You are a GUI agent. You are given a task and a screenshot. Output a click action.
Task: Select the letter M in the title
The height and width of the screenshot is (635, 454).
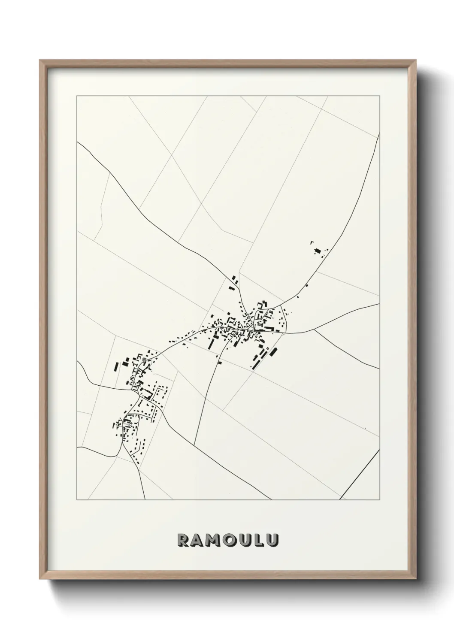pos(213,541)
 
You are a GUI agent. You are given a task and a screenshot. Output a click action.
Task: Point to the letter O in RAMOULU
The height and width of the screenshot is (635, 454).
pos(230,541)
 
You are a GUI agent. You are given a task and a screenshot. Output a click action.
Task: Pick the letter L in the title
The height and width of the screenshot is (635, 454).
pos(259,541)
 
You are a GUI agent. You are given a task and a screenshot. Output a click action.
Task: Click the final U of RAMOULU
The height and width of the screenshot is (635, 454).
pos(272,541)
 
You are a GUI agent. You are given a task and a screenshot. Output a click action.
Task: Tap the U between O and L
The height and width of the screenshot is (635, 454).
pos(245,541)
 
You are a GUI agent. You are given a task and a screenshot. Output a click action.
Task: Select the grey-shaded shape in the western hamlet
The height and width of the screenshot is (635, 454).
pos(145,360)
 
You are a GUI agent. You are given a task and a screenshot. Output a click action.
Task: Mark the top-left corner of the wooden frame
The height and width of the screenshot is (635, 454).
pos(40,60)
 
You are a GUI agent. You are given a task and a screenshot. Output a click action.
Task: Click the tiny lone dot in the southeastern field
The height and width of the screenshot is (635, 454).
pos(365,428)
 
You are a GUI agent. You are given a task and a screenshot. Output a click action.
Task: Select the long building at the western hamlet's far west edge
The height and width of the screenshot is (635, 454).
pos(116,367)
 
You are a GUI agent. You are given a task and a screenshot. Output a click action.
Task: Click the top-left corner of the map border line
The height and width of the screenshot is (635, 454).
pos(76,96)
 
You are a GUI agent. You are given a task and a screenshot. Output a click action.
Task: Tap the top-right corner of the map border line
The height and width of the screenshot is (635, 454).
pos(379,96)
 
